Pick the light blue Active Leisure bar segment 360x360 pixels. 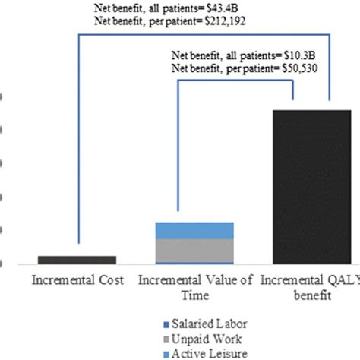194,230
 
